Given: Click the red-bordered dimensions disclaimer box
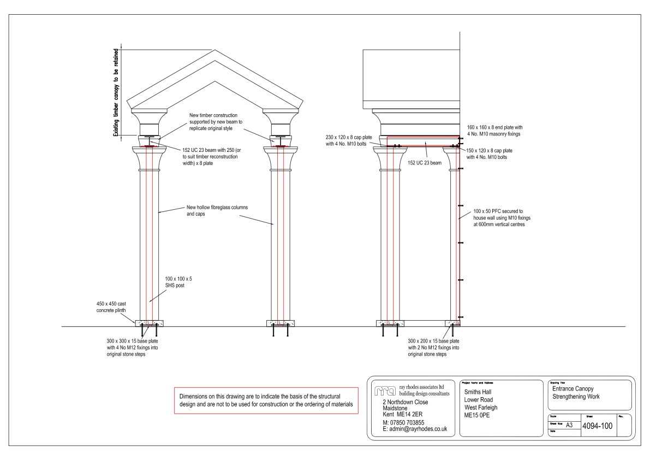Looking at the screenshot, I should click(266, 400).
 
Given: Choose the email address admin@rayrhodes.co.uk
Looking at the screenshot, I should click(415, 429).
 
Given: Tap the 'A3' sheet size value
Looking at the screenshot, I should click(570, 424).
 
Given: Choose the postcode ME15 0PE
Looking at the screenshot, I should click(478, 415).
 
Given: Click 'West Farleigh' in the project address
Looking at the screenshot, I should click(481, 407).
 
